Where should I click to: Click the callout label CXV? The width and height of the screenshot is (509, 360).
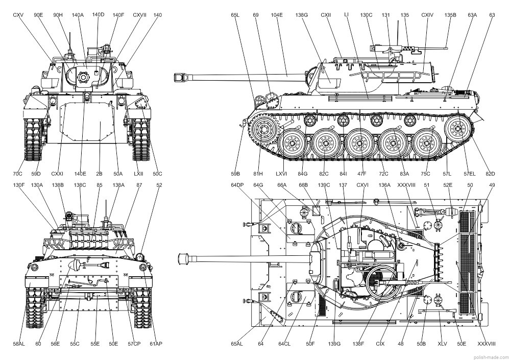click(18, 15)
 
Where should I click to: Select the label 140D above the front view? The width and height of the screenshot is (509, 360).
click(98, 15)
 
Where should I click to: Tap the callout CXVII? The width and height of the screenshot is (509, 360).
click(139, 15)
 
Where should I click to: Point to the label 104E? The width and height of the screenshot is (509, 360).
click(277, 15)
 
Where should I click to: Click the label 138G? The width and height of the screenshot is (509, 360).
click(302, 15)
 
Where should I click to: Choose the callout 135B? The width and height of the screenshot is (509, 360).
click(450, 15)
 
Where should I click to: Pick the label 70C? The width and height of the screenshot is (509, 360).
click(18, 174)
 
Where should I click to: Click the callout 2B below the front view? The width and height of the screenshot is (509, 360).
click(100, 174)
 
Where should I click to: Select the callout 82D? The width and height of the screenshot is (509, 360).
click(490, 174)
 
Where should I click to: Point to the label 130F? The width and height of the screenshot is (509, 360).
click(19, 185)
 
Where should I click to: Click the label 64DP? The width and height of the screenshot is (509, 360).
click(237, 185)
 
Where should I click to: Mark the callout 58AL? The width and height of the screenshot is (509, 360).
click(19, 344)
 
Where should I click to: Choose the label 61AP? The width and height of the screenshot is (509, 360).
click(156, 344)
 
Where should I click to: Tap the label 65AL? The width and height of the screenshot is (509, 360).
click(237, 344)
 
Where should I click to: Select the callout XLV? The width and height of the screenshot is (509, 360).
click(442, 344)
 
